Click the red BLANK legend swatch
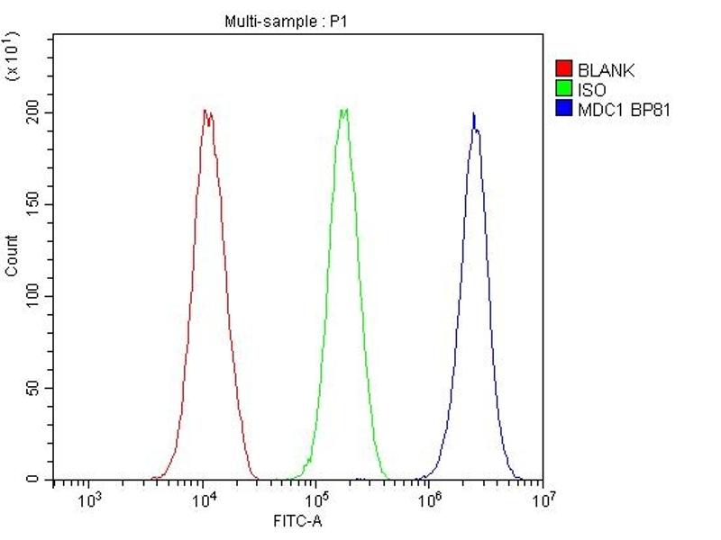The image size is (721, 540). click(x=564, y=69)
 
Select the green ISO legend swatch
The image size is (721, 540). click(x=564, y=90)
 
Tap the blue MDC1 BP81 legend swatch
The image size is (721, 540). click(x=564, y=110)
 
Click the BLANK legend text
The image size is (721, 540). click(x=607, y=69)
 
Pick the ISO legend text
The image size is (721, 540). click(x=591, y=90)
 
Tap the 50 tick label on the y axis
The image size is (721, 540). click(x=34, y=388)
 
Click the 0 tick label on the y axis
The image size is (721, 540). click(x=38, y=480)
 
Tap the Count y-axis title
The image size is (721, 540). click(x=12, y=256)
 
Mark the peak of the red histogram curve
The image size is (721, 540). click(x=206, y=111)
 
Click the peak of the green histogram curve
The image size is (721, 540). click(x=343, y=110)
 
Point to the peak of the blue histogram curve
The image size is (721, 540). click(x=474, y=114)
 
